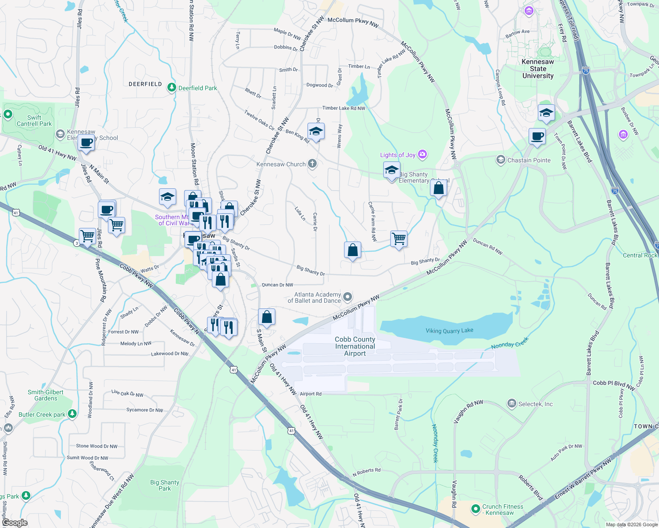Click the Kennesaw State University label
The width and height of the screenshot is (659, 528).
[x=538, y=69]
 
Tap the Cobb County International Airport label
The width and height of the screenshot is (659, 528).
[x=355, y=346]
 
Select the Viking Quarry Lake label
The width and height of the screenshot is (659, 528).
[x=449, y=330]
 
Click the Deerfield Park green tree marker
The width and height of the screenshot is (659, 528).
[x=172, y=88]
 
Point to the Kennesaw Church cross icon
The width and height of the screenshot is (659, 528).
[x=312, y=164]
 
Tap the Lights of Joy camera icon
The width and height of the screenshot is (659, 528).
[x=423, y=154]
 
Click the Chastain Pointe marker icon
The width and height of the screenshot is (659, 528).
[x=500, y=160]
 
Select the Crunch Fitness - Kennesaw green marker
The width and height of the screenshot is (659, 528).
[x=475, y=509]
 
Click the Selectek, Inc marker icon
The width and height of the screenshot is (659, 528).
[x=511, y=403]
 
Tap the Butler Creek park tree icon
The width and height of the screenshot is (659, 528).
[x=72, y=414]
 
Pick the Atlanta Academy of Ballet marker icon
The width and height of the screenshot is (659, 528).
[x=348, y=297]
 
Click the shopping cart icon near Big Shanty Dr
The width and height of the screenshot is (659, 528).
[x=399, y=239]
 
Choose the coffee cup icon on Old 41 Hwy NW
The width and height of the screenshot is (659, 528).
[x=86, y=143]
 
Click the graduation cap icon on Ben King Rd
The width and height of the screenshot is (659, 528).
[x=316, y=132]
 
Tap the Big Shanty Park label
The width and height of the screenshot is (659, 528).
[x=165, y=485]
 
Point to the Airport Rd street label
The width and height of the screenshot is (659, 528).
[x=311, y=394]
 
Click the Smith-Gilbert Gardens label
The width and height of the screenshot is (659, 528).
[x=45, y=395]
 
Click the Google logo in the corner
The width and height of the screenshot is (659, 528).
[x=15, y=523]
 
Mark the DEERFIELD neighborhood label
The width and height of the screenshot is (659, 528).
[x=145, y=84]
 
